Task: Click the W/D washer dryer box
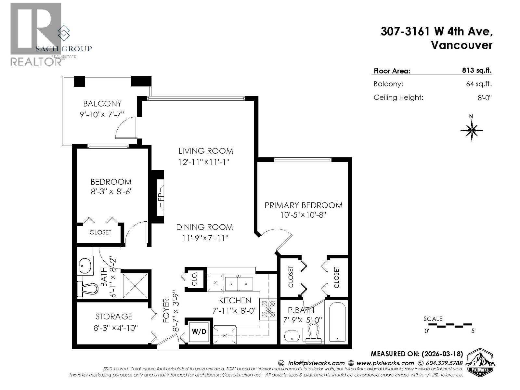click(199, 331)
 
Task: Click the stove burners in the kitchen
click(268, 309)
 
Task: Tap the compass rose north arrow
click(472, 129)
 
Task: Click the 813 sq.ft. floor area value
click(477, 71)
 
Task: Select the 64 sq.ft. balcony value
click(479, 84)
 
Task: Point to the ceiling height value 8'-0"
click(484, 97)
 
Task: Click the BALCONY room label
click(102, 104)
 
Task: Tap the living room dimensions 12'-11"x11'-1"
click(204, 162)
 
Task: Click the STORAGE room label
click(114, 317)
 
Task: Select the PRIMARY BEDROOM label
click(303, 205)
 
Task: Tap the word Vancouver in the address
click(461, 45)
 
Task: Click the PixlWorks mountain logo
click(480, 362)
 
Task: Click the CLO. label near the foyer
click(194, 279)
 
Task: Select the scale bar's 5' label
click(473, 331)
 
